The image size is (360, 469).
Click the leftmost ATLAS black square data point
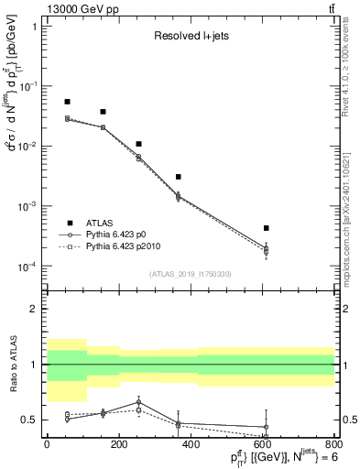click(x=67, y=102)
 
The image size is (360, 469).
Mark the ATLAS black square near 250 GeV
click(x=138, y=144)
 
